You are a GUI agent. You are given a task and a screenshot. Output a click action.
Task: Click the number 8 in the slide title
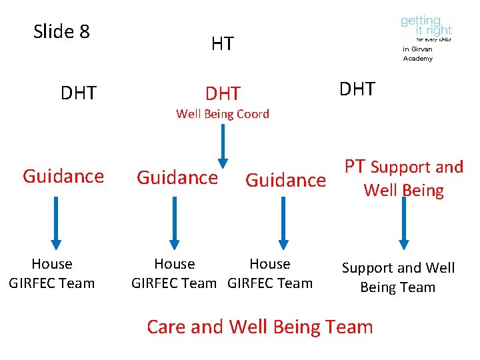(84, 32)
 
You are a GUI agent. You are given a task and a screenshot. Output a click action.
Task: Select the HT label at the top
(222, 44)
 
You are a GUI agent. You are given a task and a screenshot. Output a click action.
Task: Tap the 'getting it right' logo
(426, 29)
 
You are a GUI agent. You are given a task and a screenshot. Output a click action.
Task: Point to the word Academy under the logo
(418, 59)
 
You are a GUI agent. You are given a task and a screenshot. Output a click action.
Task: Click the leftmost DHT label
(78, 93)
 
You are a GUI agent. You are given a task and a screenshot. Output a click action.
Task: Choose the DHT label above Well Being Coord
(223, 93)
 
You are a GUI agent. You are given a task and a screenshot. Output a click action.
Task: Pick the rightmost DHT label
(357, 89)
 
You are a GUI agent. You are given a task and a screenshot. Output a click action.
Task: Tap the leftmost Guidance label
(63, 177)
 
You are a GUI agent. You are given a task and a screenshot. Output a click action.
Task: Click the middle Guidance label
(177, 177)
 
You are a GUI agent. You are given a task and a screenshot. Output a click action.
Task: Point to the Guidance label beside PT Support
(286, 180)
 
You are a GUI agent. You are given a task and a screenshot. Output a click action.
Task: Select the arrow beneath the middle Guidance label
(174, 221)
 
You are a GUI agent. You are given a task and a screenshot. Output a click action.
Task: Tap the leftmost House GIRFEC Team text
(52, 273)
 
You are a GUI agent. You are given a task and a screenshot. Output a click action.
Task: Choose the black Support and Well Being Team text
(398, 277)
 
